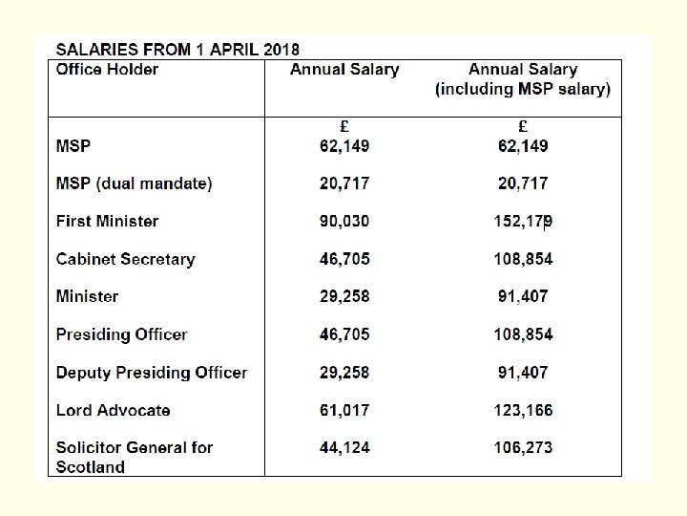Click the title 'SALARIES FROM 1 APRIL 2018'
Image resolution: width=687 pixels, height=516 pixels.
pos(177,49)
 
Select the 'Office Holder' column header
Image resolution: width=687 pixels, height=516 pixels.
pos(107,69)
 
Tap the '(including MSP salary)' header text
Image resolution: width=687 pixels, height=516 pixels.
pos(523,89)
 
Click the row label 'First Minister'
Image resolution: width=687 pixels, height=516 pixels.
pos(107,221)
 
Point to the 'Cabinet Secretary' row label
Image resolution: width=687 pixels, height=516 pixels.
pos(125,259)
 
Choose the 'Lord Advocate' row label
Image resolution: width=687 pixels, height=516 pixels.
pos(113,410)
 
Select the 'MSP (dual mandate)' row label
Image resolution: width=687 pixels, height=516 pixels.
pos(134,183)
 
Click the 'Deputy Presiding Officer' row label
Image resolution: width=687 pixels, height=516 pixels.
pos(151,373)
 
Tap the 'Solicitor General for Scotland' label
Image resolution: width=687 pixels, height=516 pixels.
pos(134,457)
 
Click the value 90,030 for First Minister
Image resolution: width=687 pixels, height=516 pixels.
pos(344,221)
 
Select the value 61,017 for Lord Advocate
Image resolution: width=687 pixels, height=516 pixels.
pos(344,410)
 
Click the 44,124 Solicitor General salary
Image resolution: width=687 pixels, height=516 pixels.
pos(344,447)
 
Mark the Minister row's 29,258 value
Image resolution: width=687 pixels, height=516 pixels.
pos(344,296)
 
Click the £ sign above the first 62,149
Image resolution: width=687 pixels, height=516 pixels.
pos(344,126)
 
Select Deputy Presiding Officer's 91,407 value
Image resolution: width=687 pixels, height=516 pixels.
pos(523,373)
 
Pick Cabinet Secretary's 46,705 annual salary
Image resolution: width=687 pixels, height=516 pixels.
pos(344,259)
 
